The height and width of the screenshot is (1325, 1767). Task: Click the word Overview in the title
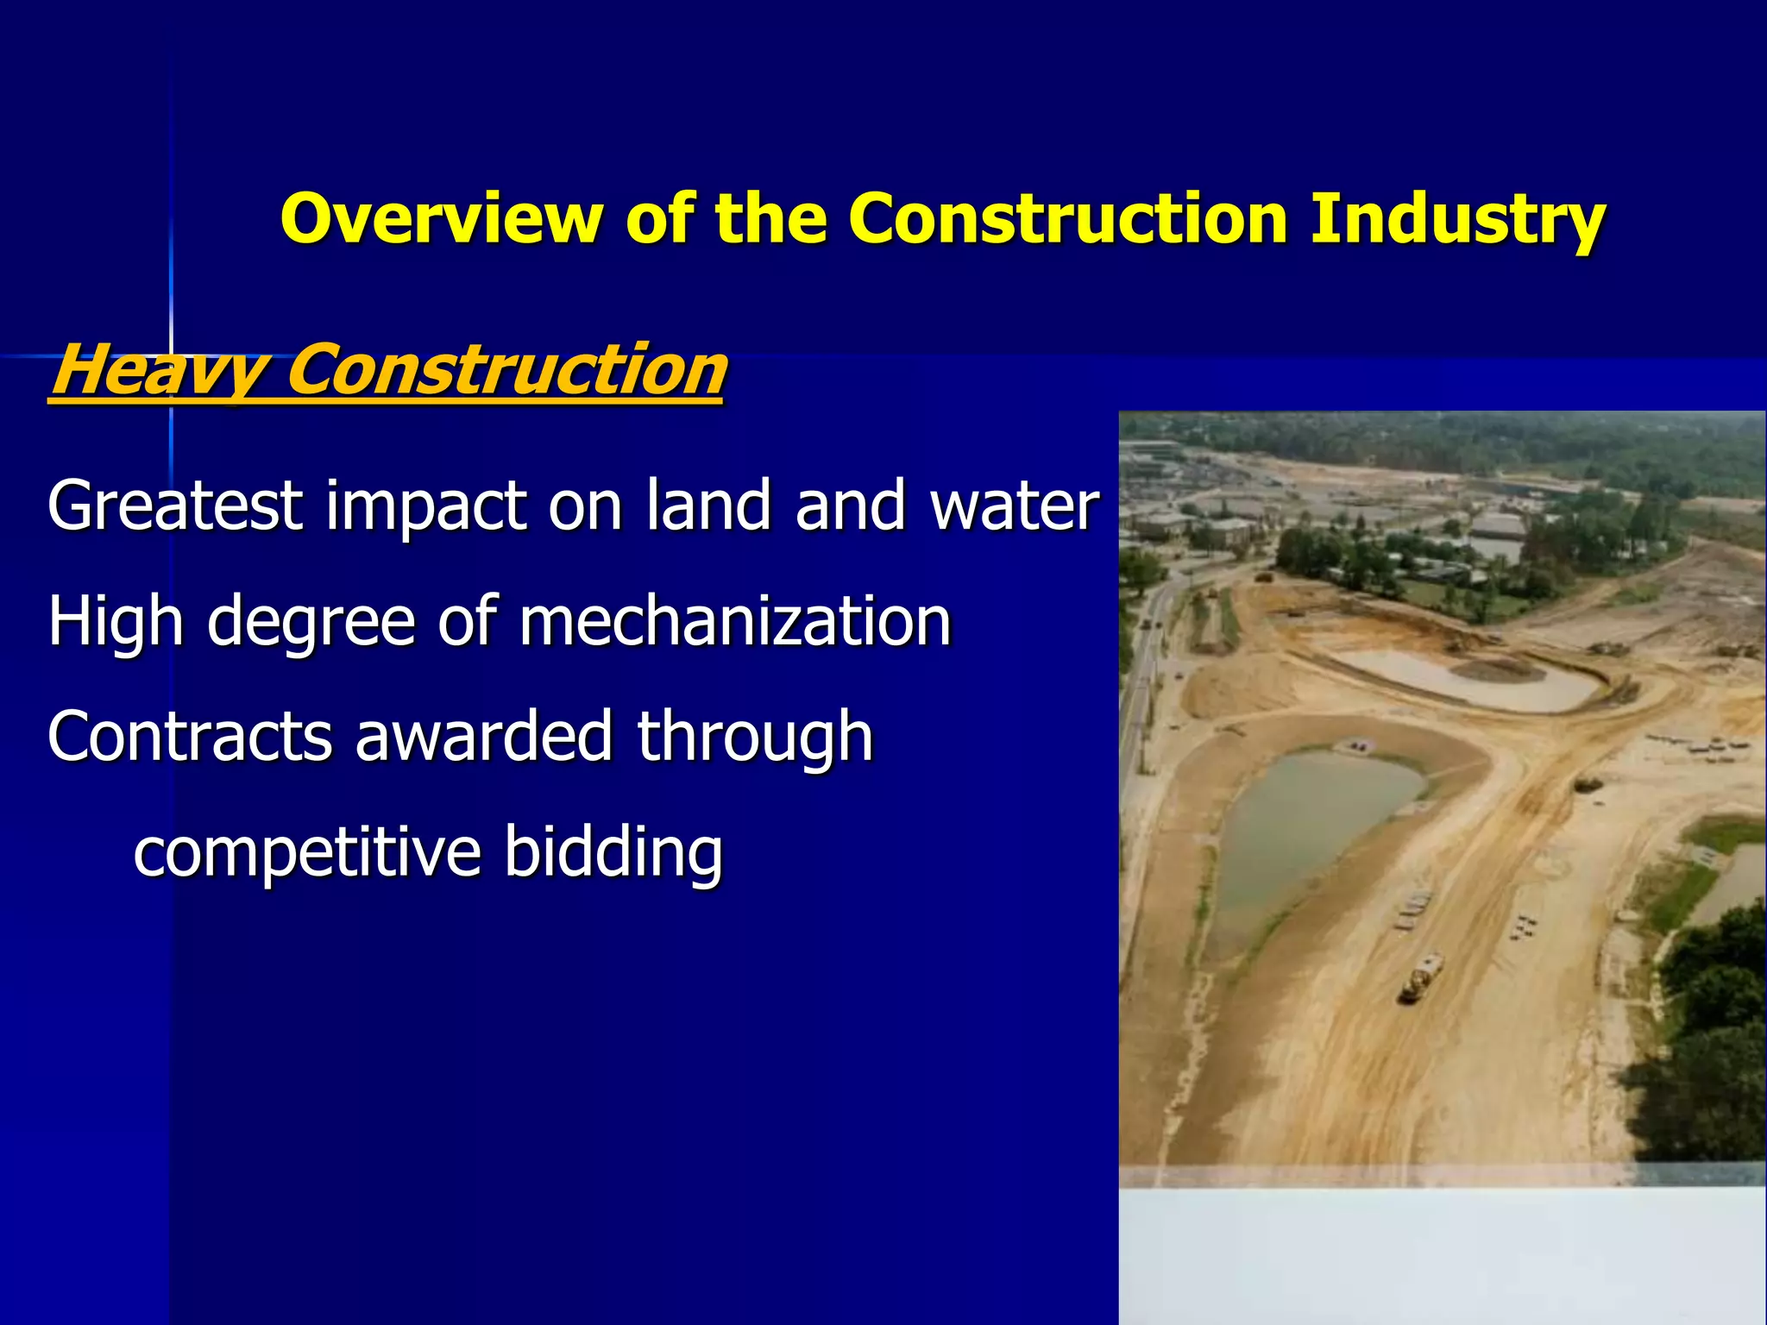[x=440, y=218]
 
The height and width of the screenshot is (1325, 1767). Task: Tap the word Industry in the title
[x=1457, y=218]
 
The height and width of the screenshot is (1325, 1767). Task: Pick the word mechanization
[x=734, y=621]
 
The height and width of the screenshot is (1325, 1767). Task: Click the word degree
[x=311, y=621]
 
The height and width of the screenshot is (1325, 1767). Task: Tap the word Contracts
[x=190, y=737]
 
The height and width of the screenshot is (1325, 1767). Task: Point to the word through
[x=755, y=737]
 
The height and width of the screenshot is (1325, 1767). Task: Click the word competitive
[x=306, y=852]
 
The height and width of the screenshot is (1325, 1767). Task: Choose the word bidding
[x=613, y=852]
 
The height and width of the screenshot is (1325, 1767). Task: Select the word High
[x=116, y=621]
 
